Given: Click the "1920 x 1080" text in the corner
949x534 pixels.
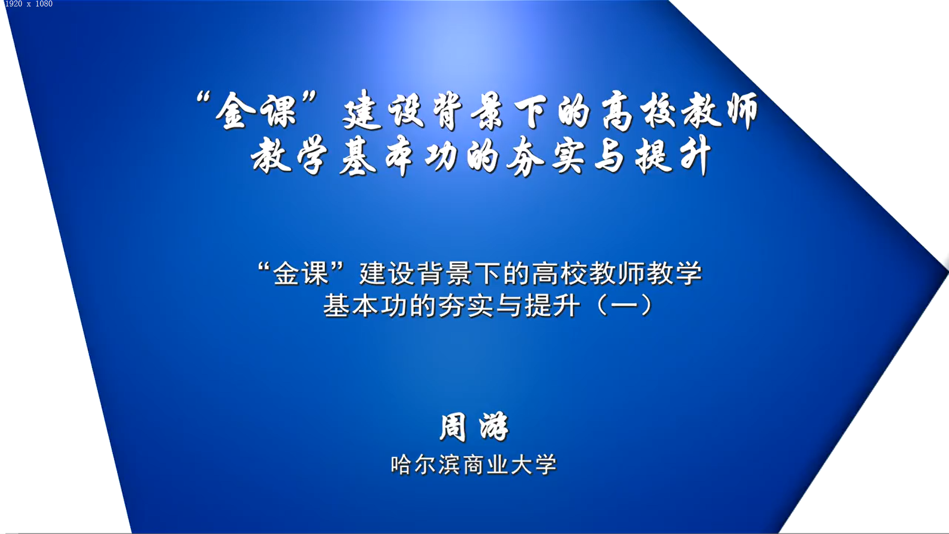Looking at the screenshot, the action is (29, 4).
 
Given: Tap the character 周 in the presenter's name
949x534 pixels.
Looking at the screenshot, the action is (453, 427).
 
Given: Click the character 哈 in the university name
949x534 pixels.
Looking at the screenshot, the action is (400, 465).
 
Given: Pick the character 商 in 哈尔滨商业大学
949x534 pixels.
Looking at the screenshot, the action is (474, 465).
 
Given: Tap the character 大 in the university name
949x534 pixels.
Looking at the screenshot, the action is (521, 465).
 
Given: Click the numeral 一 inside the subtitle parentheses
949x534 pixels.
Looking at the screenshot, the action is (624, 306).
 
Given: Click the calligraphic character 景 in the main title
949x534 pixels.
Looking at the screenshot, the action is (487, 112).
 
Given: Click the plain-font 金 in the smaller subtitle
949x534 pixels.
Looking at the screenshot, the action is (287, 273).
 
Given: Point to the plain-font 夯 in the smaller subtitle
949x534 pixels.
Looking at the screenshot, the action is (453, 306).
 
